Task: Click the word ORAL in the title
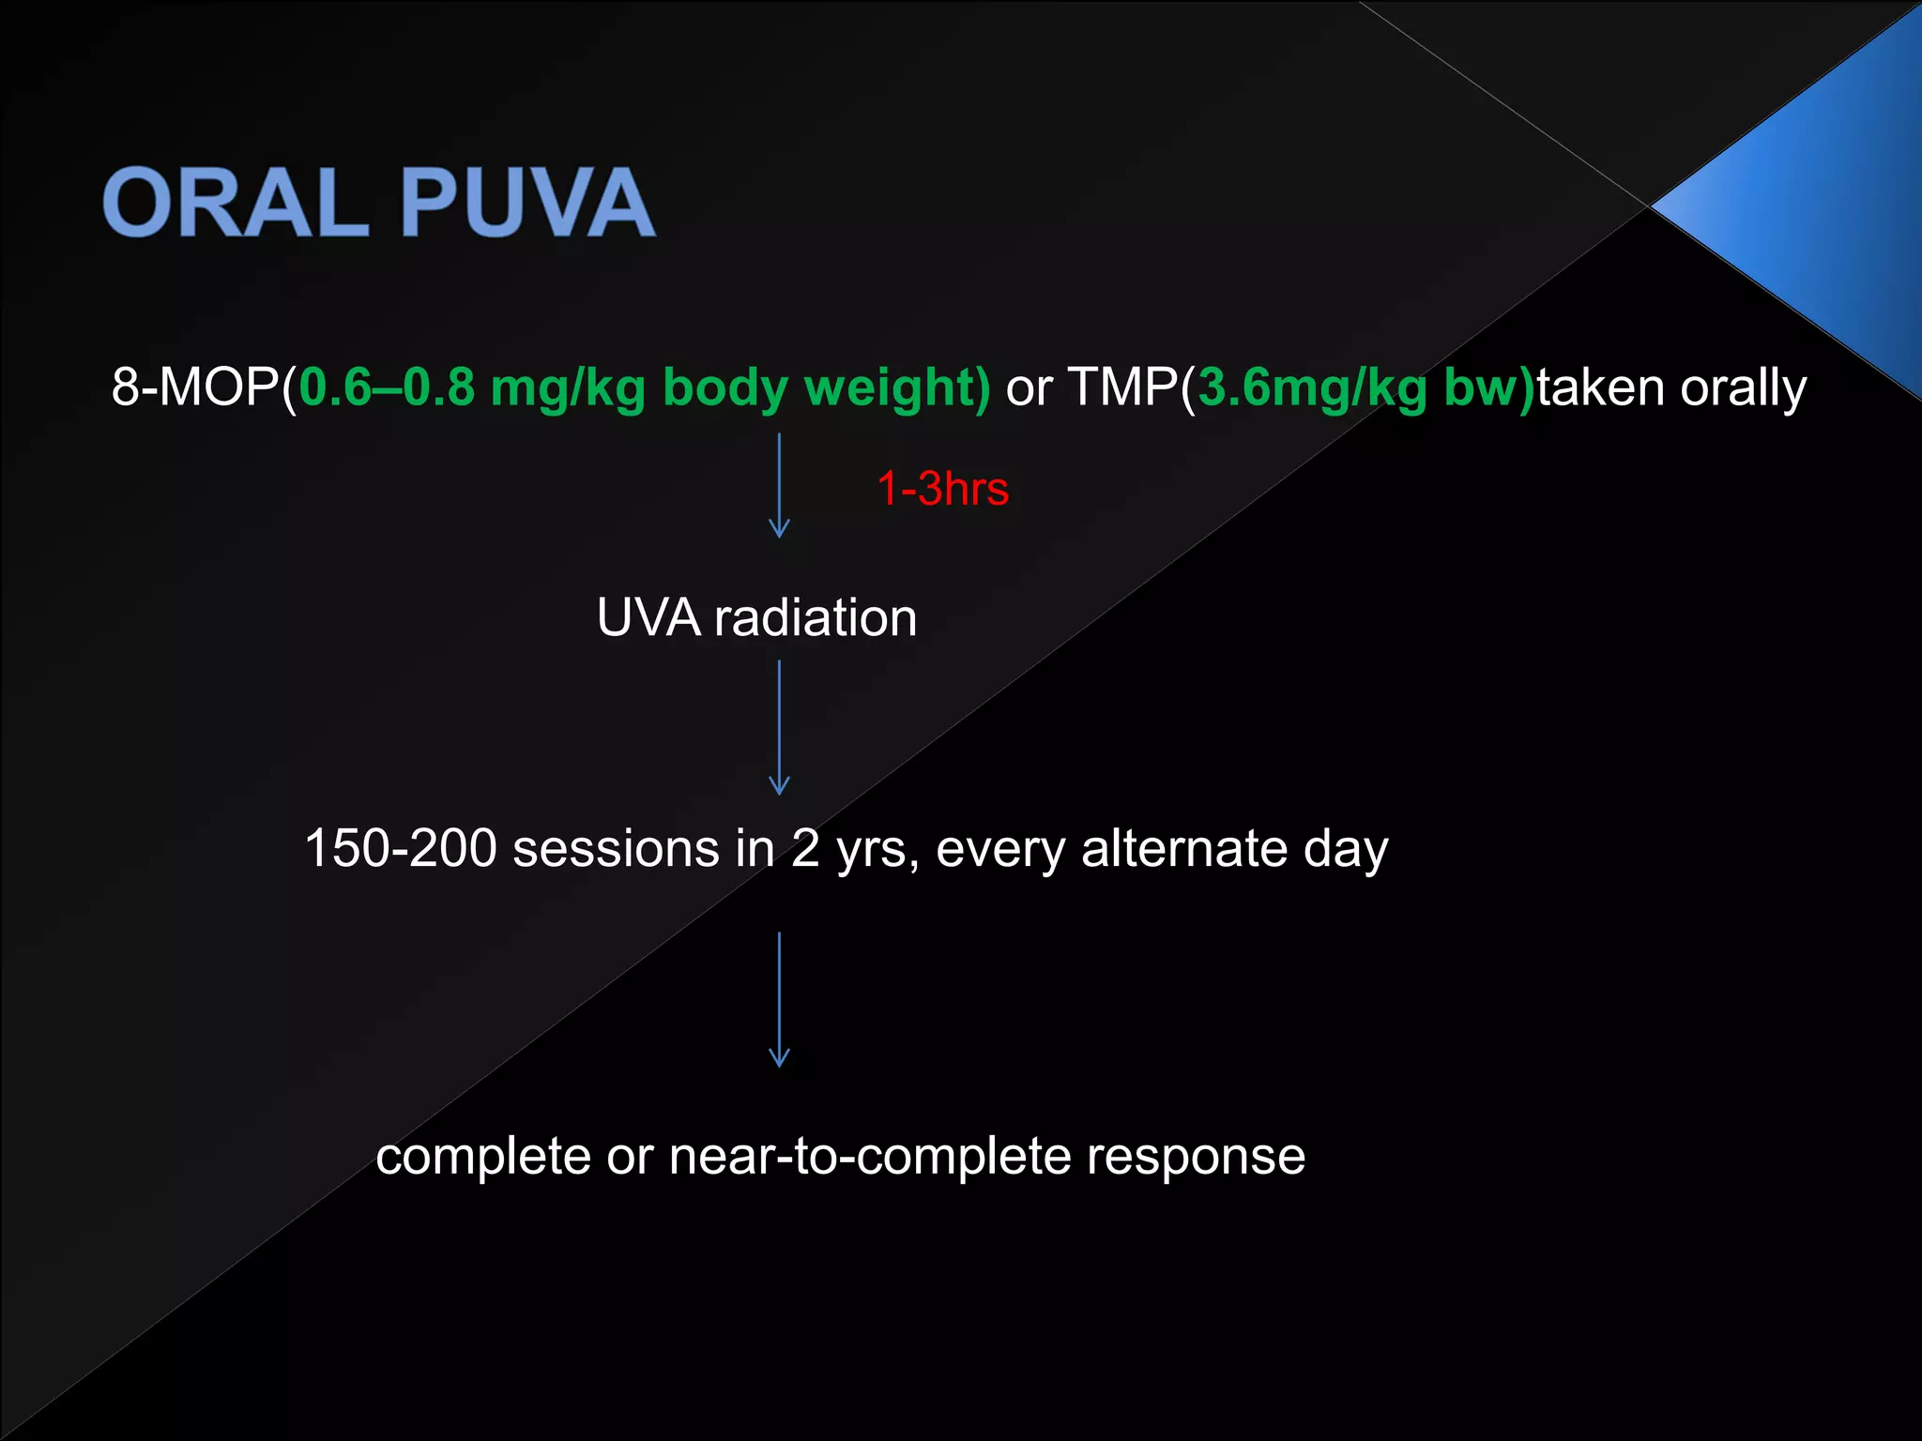236,203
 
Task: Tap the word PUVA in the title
527,203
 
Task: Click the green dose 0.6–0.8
387,387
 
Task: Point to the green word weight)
897,387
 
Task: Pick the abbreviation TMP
1122,387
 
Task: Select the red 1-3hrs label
942,489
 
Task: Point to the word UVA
648,618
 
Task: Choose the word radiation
816,618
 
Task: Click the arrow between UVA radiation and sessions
779,727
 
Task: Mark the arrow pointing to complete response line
779,999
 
